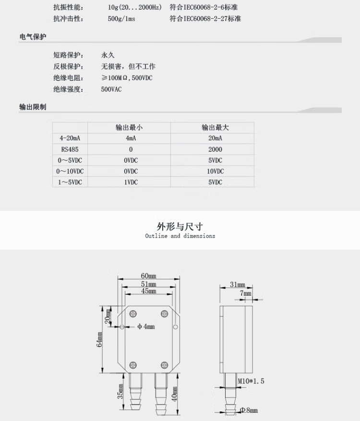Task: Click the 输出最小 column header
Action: tap(129, 128)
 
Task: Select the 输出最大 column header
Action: tap(215, 128)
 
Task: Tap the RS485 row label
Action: tap(70, 149)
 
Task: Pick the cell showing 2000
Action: tap(216, 149)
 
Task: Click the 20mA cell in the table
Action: tap(216, 138)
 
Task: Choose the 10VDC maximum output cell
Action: tap(216, 171)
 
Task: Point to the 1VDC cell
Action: tap(131, 182)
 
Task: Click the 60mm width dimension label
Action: tap(148, 276)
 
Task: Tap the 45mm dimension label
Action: tap(149, 291)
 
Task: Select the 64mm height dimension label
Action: tap(99, 340)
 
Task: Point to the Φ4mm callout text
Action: tap(146, 326)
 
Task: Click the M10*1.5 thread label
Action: tap(251, 381)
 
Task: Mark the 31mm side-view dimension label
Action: tap(238, 284)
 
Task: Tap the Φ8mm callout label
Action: tap(249, 410)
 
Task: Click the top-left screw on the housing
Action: tap(133, 313)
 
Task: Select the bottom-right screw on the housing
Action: tap(164, 365)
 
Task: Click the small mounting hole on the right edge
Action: tap(175, 327)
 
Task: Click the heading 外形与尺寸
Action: tap(180, 227)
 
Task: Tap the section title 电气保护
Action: tap(33, 37)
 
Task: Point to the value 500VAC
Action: tap(111, 89)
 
